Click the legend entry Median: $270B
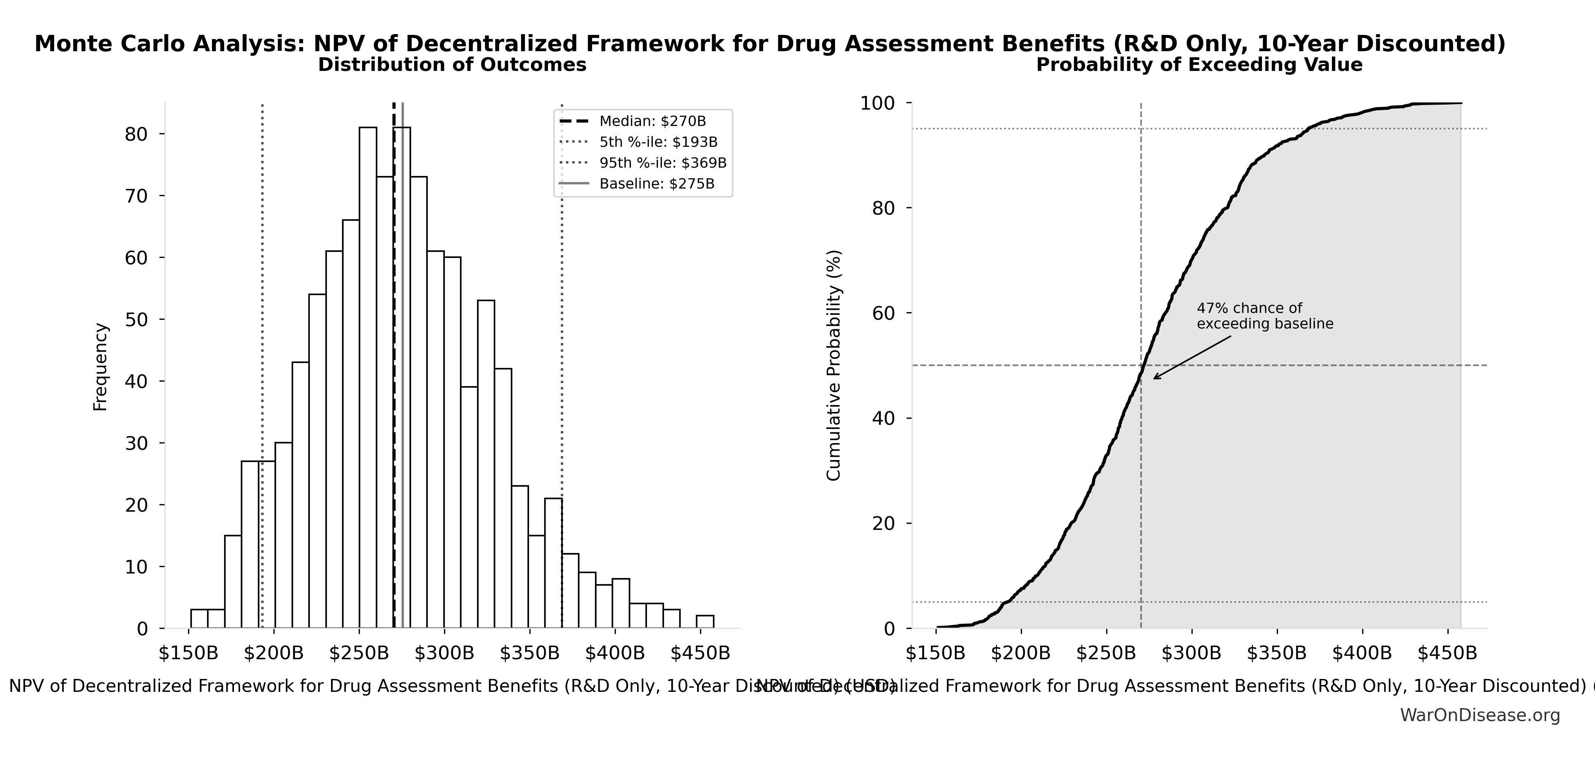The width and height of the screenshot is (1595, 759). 652,121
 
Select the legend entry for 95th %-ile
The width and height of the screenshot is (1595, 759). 662,163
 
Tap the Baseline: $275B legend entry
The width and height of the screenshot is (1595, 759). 656,184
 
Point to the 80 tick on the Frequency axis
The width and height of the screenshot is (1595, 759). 136,134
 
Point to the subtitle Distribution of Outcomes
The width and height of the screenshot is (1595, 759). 452,65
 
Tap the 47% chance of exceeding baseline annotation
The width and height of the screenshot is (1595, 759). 1264,316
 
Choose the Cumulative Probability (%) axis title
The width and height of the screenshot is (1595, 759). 834,365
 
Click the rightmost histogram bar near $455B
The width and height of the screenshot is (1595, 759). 705,622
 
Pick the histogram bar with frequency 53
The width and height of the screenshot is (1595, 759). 486,464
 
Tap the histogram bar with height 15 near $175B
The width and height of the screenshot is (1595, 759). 233,582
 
